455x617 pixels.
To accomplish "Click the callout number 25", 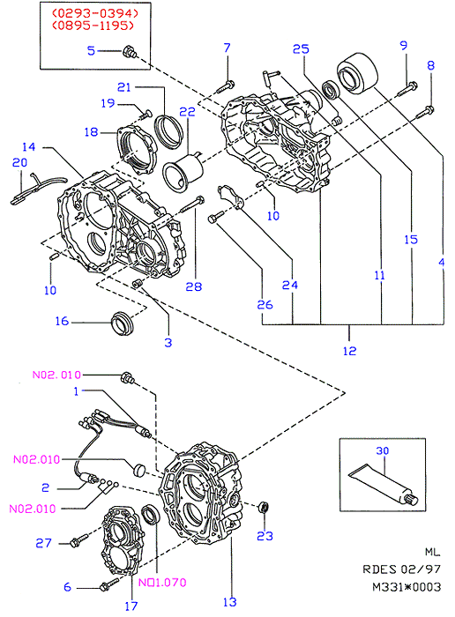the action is tap(301, 49).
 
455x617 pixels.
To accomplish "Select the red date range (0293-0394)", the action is tap(95, 13).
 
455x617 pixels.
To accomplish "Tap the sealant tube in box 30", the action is tap(384, 484).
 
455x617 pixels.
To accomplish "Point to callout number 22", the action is tap(187, 112).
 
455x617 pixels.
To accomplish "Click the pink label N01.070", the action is tap(162, 582).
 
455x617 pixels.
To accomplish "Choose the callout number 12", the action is tap(349, 351).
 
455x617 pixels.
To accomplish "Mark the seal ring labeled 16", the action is tap(123, 323).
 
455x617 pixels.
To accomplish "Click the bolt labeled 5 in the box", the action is tap(130, 52).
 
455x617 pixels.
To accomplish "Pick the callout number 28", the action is tap(194, 286).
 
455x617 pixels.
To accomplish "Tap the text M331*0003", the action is tap(407, 587).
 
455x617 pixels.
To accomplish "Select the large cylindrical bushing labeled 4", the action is tap(357, 73).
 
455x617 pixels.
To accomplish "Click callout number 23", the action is tap(265, 536).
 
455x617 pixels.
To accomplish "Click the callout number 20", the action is tap(19, 162).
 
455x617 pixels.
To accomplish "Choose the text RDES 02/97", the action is tap(401, 569).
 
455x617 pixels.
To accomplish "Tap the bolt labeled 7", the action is tap(226, 86).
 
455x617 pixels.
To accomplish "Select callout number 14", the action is tap(29, 147).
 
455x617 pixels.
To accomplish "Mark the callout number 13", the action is tap(230, 602).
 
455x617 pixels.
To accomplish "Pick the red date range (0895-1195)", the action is tap(93, 26).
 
